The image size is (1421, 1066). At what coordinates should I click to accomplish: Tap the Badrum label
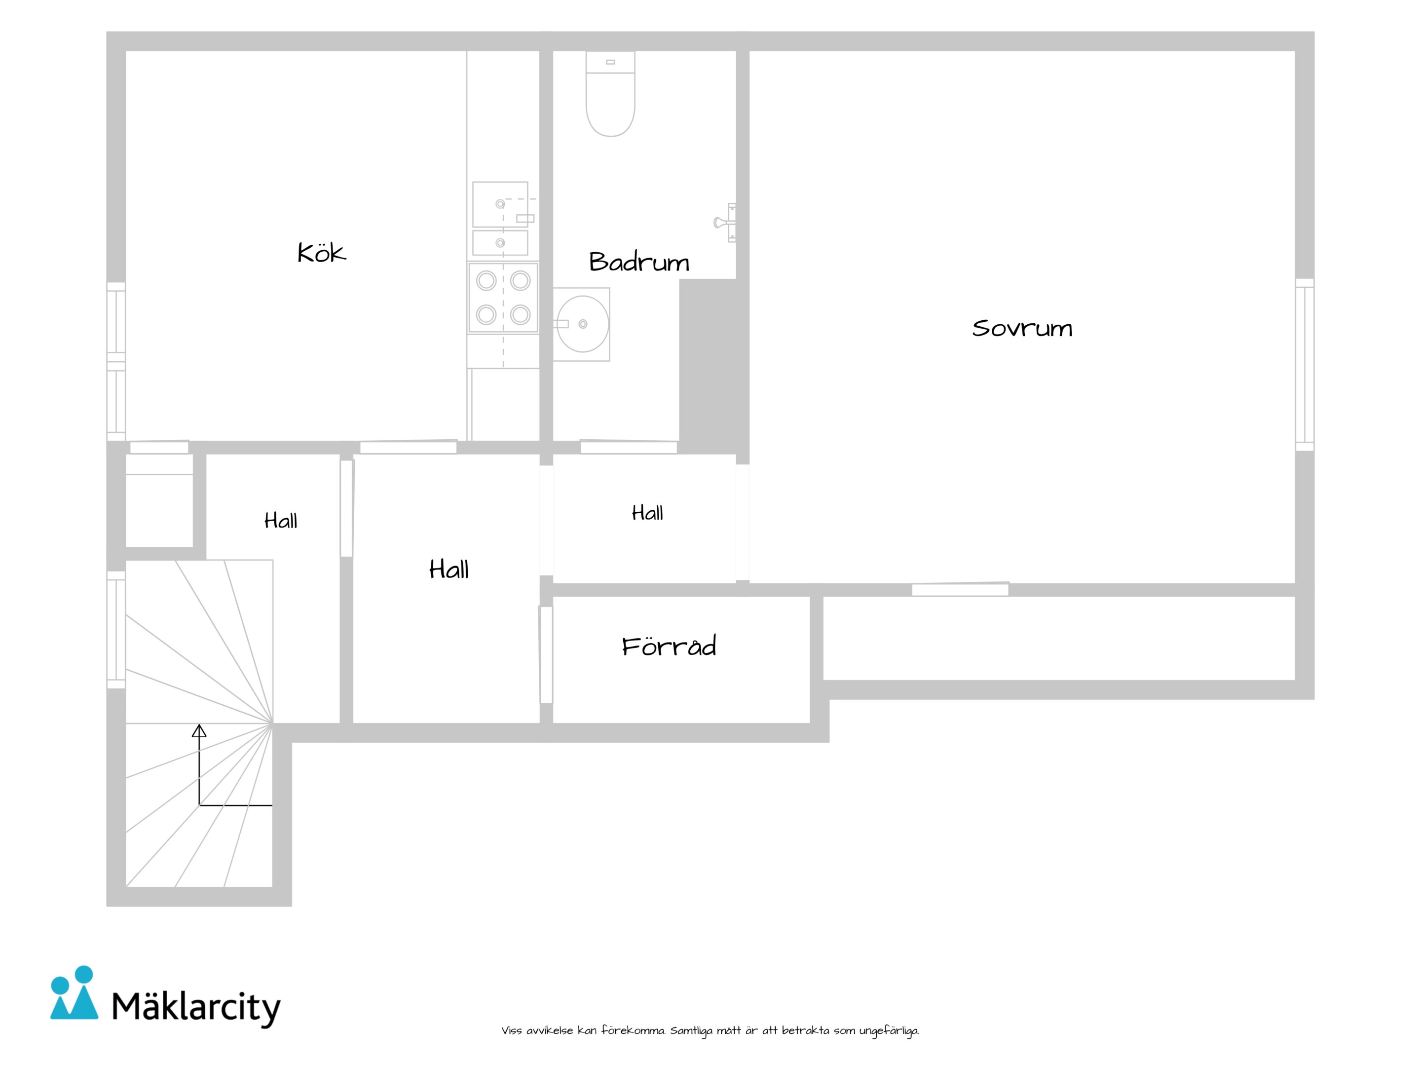tap(639, 262)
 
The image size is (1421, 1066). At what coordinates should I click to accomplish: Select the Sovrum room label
tap(1022, 328)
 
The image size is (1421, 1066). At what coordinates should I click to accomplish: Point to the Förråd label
tap(669, 645)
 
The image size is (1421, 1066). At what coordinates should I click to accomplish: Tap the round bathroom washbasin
tap(582, 324)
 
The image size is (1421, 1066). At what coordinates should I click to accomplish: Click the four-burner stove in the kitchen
tap(503, 298)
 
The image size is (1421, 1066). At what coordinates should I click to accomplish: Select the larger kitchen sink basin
tap(500, 204)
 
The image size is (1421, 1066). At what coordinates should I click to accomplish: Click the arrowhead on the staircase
tap(199, 730)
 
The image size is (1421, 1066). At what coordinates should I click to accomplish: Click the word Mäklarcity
tap(196, 1007)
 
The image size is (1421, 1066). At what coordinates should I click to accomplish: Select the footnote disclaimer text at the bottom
tap(710, 1031)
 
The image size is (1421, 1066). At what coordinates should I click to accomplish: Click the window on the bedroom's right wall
tap(1304, 364)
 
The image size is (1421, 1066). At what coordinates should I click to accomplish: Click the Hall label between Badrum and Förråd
tap(647, 513)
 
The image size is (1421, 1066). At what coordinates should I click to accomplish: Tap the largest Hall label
tap(449, 570)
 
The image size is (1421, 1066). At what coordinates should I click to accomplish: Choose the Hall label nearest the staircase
tap(281, 521)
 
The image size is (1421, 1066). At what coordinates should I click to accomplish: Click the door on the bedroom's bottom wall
tap(960, 589)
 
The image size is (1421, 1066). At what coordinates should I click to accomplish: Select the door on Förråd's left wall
tap(546, 655)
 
